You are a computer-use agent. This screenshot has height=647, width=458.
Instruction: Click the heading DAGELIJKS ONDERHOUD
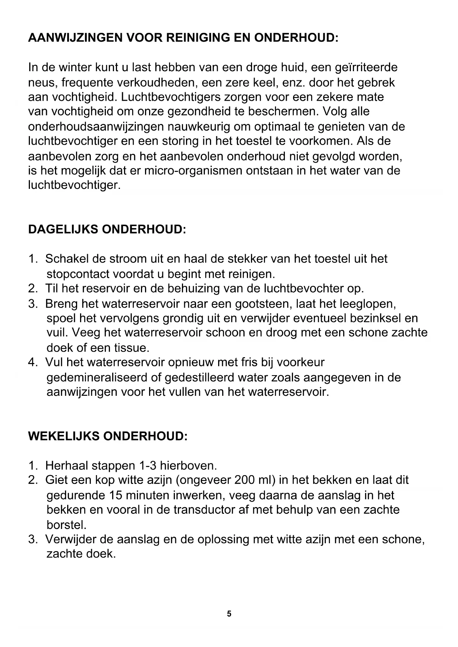[107, 229]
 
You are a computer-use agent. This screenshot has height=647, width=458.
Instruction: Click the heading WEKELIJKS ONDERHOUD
[108, 436]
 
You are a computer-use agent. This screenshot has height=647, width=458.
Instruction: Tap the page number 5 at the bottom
[229, 614]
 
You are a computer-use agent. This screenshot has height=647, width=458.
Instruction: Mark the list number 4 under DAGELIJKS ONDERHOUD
[32, 362]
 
